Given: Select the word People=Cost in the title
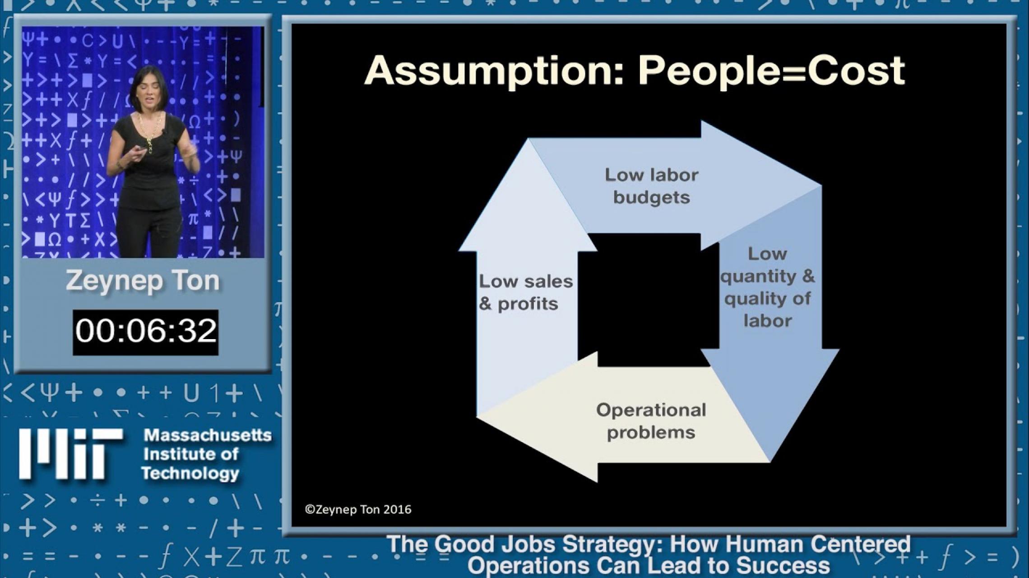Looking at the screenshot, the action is [771, 71].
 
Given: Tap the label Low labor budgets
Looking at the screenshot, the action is [651, 186].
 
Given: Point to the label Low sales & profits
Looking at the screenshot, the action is [526, 292].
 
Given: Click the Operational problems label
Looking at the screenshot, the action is [651, 421].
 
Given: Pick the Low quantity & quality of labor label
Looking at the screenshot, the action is [768, 287].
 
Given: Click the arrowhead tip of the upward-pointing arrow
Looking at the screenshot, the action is [528, 140].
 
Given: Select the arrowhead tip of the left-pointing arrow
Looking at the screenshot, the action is [477, 416].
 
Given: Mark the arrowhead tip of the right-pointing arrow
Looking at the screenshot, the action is [820, 185].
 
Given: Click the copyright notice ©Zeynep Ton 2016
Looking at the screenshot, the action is [358, 509].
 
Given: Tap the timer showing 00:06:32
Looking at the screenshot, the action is [145, 331].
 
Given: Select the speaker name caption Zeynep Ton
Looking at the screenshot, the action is [143, 281].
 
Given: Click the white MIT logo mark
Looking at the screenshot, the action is [70, 454].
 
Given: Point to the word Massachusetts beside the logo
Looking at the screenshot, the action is [208, 435].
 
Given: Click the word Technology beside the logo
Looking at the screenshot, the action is [190, 473].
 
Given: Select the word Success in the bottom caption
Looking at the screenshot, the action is [783, 565].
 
